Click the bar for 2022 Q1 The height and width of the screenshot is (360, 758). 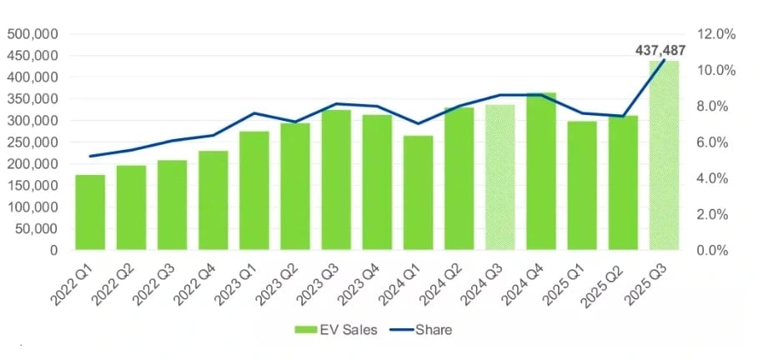(90, 212)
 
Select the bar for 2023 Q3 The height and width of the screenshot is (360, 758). (336, 179)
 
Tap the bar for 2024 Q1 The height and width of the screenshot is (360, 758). (419, 192)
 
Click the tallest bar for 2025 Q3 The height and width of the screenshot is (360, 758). (665, 155)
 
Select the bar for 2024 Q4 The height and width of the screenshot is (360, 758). (541, 171)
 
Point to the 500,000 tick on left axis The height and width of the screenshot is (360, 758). (33, 34)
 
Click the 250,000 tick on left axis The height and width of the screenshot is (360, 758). (33, 142)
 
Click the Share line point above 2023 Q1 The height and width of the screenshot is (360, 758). (254, 113)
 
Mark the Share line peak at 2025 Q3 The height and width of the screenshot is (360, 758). (665, 59)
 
